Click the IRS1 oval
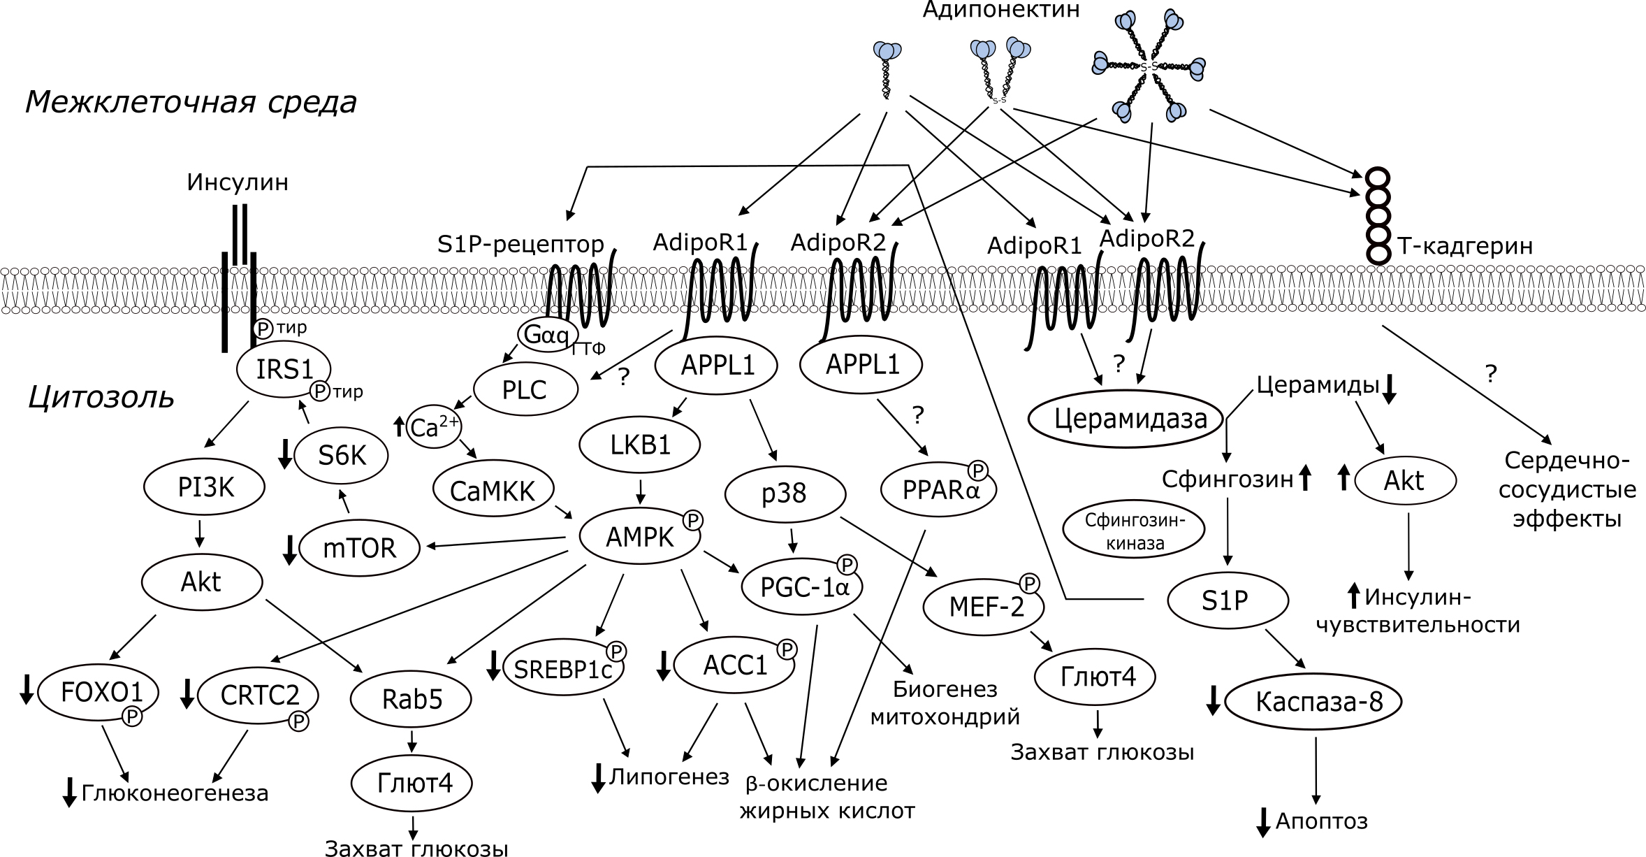(284, 369)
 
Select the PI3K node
(205, 487)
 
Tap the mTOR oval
(360, 547)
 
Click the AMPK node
(640, 537)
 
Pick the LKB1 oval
(640, 445)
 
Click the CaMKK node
(493, 491)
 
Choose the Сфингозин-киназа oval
(1134, 531)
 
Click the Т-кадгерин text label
(1465, 246)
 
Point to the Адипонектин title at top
(1000, 10)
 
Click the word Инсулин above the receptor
(238, 183)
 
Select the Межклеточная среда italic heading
(191, 102)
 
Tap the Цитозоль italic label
(101, 397)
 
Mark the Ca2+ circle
(433, 427)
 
